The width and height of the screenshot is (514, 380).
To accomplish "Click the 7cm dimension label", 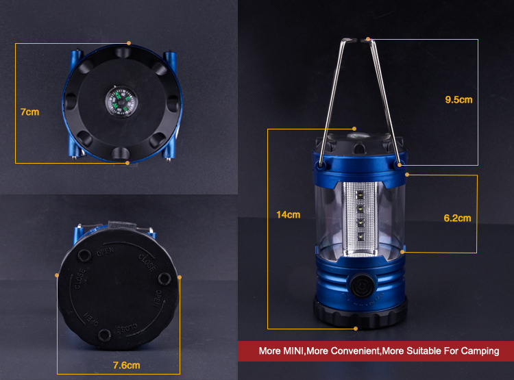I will [29, 112].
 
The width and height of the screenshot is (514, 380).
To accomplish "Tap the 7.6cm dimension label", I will [126, 365].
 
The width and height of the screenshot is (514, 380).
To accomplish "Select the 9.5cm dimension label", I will [458, 100].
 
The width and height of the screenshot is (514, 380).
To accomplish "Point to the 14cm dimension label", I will [288, 215].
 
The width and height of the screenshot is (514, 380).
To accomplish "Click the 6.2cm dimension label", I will [457, 218].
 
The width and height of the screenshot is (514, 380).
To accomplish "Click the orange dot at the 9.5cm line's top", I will [369, 39].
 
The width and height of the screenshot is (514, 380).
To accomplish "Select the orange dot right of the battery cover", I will [180, 277].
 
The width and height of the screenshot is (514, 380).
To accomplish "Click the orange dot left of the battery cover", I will [57, 277].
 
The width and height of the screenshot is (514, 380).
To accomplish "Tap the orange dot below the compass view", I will [127, 163].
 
